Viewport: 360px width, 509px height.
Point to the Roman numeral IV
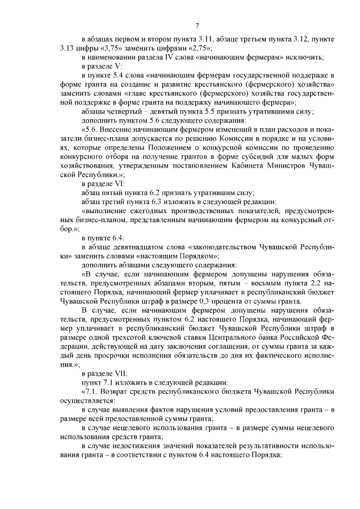coord(168,58)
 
